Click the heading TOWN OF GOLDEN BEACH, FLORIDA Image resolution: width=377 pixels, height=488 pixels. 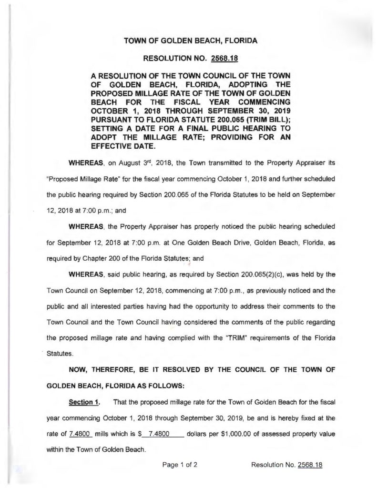191,41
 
